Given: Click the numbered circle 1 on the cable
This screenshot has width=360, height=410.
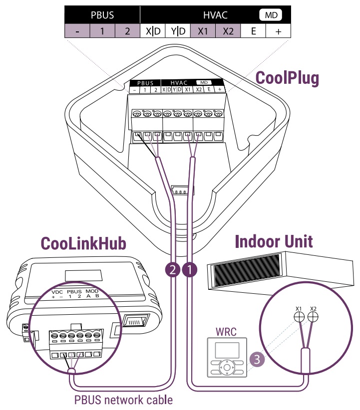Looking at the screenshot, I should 190,270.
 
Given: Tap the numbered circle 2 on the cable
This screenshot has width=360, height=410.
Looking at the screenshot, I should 173,270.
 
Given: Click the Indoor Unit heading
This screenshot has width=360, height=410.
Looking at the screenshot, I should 274,242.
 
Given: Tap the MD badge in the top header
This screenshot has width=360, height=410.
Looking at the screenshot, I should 271,15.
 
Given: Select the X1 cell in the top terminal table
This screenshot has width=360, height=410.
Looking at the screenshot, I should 203,31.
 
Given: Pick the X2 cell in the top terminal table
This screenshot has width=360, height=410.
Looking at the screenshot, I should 228,31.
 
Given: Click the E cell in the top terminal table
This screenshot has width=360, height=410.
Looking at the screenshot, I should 254,31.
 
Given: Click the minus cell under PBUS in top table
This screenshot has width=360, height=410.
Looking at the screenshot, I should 77,31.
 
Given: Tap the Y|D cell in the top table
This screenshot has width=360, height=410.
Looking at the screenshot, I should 178,31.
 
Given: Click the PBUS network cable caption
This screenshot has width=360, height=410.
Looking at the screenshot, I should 123,400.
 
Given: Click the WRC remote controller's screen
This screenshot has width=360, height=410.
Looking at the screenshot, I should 227,349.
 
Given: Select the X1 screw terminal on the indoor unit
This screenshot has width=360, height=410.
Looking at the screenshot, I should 299,317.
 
